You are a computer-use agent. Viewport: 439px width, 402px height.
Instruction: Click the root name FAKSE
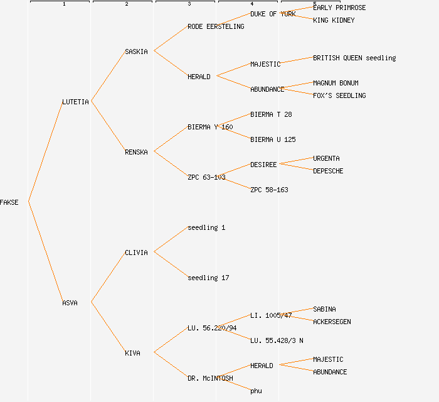(x=9, y=202)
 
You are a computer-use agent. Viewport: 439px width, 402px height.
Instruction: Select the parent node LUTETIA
(x=75, y=102)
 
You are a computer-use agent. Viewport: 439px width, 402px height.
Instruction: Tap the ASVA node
(x=70, y=303)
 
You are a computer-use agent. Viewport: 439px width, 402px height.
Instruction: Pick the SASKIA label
(x=136, y=52)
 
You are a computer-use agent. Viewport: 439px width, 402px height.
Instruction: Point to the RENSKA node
(x=136, y=152)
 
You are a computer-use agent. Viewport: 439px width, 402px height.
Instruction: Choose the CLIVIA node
(x=136, y=253)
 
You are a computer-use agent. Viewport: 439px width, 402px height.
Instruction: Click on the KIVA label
(x=132, y=353)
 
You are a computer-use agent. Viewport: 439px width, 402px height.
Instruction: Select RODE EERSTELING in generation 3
(x=216, y=26)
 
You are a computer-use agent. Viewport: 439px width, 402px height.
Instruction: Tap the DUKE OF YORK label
(x=273, y=14)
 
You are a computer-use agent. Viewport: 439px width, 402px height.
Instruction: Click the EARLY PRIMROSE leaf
(x=339, y=8)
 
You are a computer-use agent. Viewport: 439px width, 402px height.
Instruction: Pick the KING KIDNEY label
(x=334, y=20)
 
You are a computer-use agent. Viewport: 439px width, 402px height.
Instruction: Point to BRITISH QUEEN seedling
(x=354, y=58)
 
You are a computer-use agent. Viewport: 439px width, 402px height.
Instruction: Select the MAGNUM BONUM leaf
(x=336, y=83)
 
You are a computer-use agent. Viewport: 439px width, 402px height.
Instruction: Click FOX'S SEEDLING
(x=339, y=95)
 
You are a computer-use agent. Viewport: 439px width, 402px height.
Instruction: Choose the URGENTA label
(x=326, y=158)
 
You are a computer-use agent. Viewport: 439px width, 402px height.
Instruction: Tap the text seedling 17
(x=208, y=278)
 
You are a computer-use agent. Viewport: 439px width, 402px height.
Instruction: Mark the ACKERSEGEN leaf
(x=332, y=322)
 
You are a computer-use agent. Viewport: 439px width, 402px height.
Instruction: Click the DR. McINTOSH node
(x=210, y=378)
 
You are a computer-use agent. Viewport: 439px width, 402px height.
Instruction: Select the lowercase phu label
(x=256, y=391)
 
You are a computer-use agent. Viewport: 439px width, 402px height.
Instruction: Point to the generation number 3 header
(x=189, y=4)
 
